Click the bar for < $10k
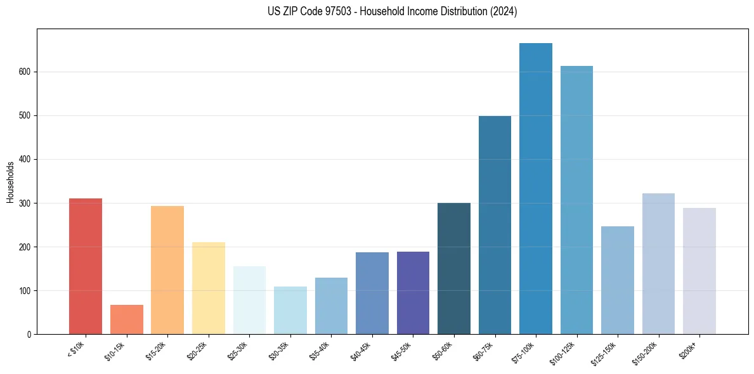click(86, 266)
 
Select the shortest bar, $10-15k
click(127, 319)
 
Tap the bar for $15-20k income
click(167, 270)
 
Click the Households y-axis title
click(11, 182)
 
